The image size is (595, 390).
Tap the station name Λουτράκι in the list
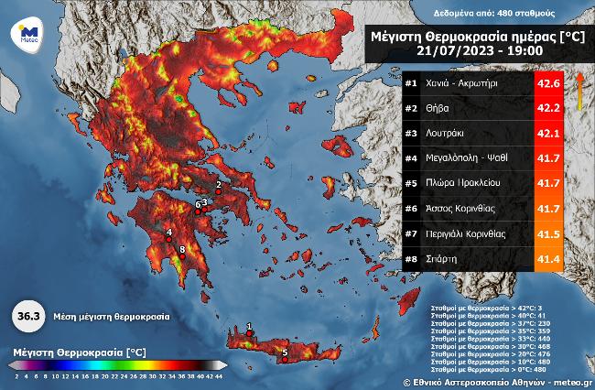click(x=445, y=133)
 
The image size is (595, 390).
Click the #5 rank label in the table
click(x=412, y=184)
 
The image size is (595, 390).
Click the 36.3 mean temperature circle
click(x=28, y=316)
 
